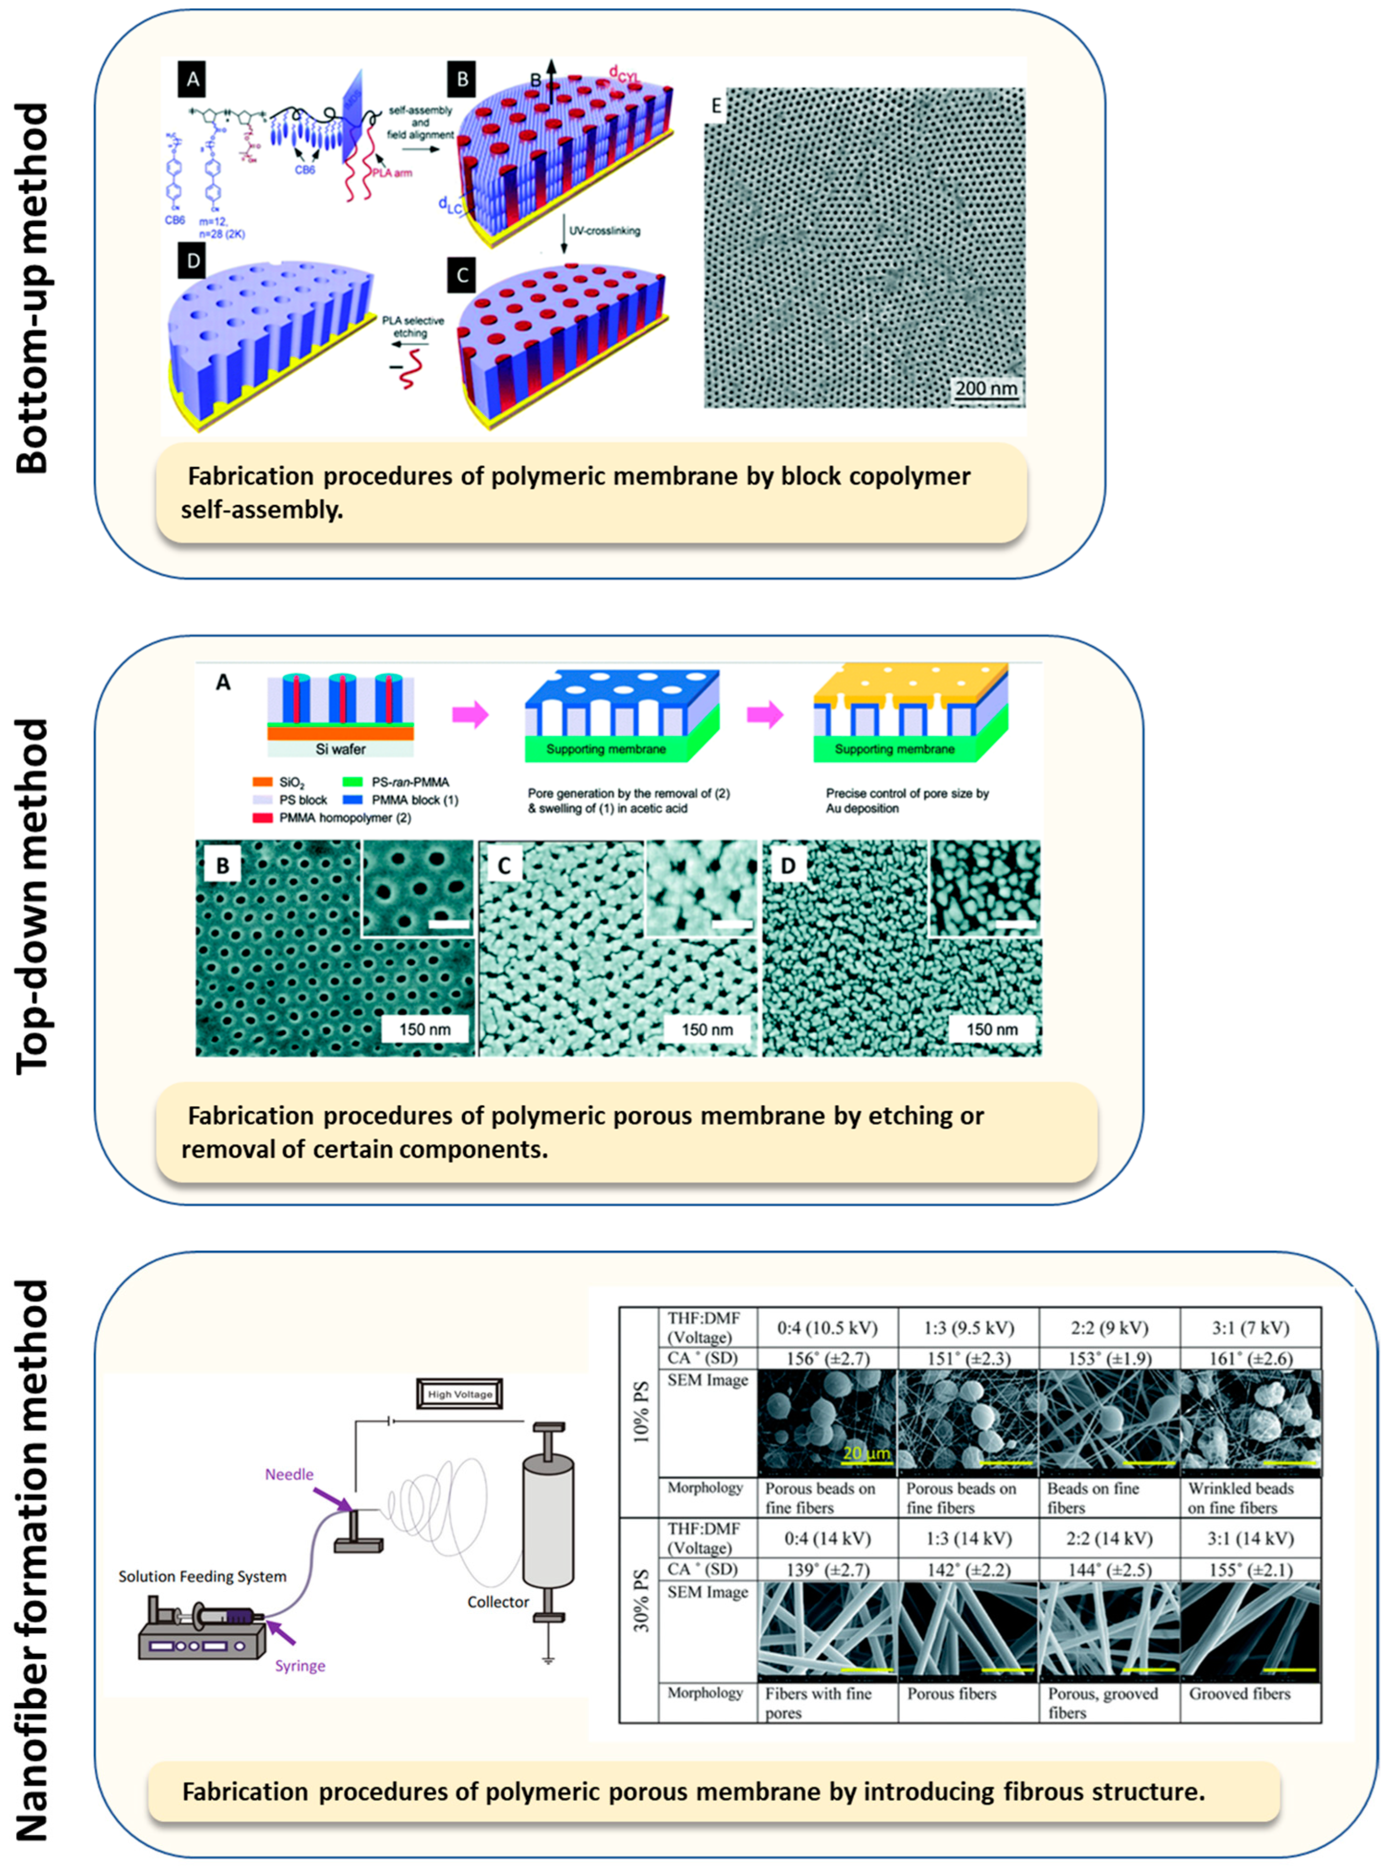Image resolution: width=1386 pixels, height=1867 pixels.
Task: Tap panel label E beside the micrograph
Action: (x=716, y=106)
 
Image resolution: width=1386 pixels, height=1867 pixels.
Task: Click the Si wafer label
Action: (x=340, y=748)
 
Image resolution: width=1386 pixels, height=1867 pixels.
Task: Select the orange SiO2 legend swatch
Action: (x=263, y=781)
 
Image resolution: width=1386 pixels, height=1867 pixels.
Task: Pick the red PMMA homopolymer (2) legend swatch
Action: (x=263, y=817)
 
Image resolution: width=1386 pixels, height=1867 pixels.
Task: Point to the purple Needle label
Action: (x=289, y=1474)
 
